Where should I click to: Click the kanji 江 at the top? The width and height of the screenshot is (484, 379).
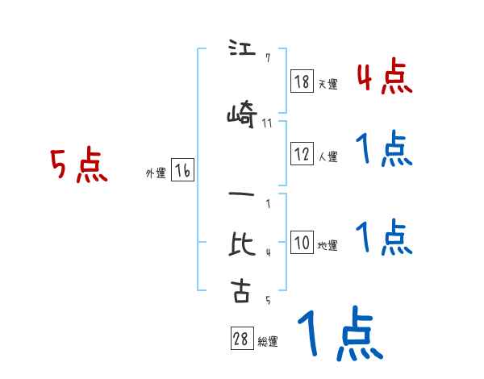click(240, 49)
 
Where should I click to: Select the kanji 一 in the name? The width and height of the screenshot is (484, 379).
click(240, 196)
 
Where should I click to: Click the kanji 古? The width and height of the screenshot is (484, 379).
click(241, 290)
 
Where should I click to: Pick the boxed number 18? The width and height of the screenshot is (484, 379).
click(302, 81)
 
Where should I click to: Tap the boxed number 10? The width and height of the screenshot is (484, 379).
click(302, 243)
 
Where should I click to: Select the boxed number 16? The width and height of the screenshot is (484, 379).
click(182, 171)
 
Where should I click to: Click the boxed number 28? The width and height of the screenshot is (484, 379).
click(241, 339)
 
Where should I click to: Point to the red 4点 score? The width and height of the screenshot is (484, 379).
click(384, 77)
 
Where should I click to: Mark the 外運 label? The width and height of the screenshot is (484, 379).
click(156, 173)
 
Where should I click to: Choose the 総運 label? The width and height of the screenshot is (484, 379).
click(268, 342)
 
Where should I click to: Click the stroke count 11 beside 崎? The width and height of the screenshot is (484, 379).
click(267, 123)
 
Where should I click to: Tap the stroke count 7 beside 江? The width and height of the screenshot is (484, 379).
click(267, 57)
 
